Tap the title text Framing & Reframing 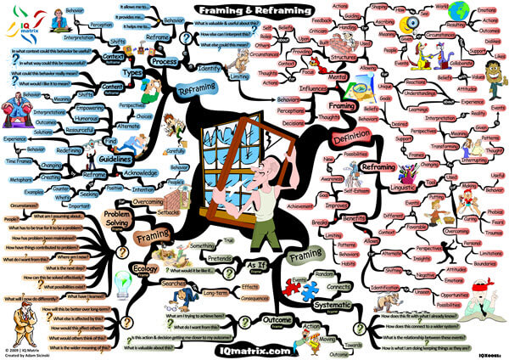[254, 11]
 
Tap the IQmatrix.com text [253, 348]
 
